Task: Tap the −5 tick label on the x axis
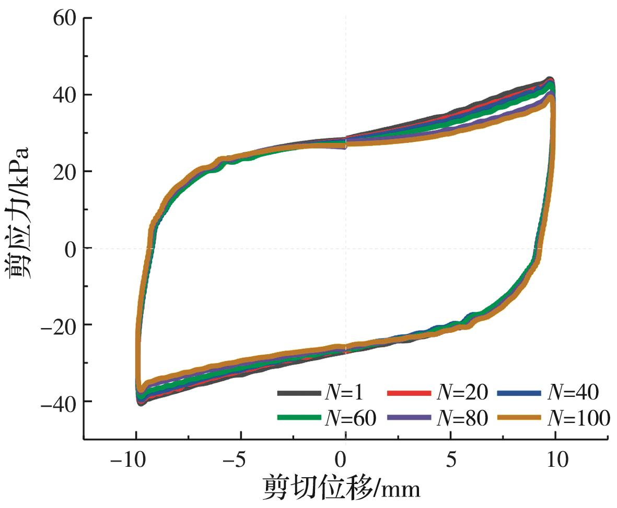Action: tap(236, 461)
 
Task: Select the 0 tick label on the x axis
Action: tap(340, 461)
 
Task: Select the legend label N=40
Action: tap(572, 392)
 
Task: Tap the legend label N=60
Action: tap(348, 418)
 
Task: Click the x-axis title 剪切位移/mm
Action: tap(342, 488)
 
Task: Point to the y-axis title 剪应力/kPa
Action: tap(19, 213)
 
